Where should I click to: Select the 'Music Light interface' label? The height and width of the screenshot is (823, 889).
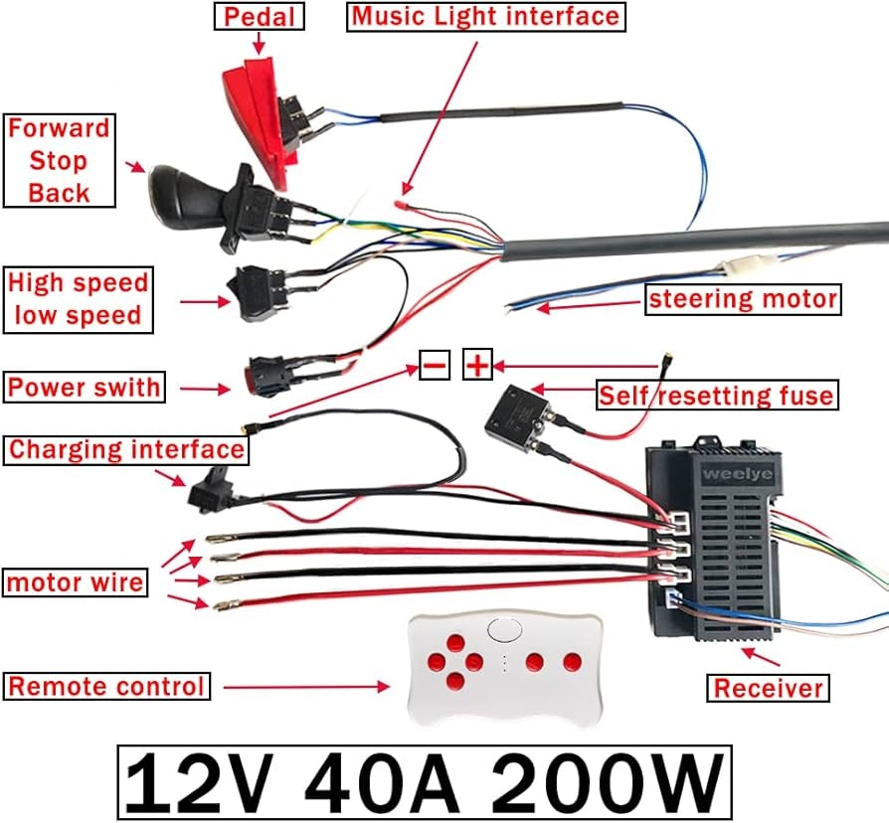[x=485, y=16]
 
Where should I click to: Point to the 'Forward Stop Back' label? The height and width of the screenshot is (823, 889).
[x=59, y=160]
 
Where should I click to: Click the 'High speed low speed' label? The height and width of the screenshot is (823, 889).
[x=78, y=299]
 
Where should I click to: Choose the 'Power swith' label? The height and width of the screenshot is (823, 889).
[x=84, y=387]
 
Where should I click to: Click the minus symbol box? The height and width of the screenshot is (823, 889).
[x=434, y=366]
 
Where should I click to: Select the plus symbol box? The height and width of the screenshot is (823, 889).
[x=478, y=366]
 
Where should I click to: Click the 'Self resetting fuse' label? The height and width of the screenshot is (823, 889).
[x=715, y=397]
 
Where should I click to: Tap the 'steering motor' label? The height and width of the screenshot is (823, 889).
[x=743, y=298]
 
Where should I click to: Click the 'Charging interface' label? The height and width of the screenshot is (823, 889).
[x=126, y=449]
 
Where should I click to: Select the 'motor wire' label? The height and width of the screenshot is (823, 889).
[x=76, y=581]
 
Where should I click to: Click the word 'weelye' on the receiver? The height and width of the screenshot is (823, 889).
[x=730, y=473]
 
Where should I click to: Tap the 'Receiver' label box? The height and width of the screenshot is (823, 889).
[x=769, y=687]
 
